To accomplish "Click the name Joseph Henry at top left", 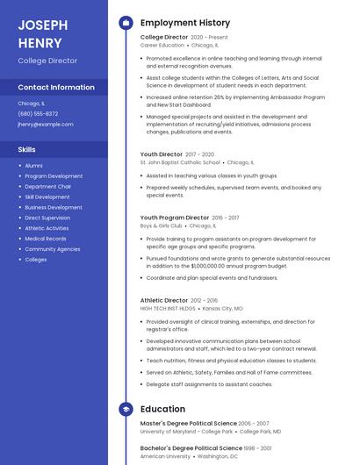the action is coord(42,33).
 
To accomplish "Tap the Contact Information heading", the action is coord(56,88).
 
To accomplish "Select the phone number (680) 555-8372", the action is coord(38,114).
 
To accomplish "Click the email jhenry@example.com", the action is coord(46,125).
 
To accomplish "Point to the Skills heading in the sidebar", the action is coord(26,149).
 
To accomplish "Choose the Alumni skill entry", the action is coord(33,166).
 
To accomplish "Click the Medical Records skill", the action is coord(46,239).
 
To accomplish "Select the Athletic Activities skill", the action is coord(47,228).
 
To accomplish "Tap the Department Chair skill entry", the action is coord(47,187).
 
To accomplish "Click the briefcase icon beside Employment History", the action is coord(126,23).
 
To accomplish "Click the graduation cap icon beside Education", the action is coord(126,409).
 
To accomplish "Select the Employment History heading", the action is coord(185,23).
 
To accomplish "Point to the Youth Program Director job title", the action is coord(175,217).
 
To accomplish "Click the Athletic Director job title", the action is coord(164,300).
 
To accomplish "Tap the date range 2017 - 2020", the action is coord(199,154).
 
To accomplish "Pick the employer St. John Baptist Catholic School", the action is coord(180,162).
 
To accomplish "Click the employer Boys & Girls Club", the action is coord(162,225).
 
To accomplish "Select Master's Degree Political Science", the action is coord(188,424).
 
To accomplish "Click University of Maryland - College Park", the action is coord(187,432).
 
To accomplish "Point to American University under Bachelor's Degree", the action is coord(165,456).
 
